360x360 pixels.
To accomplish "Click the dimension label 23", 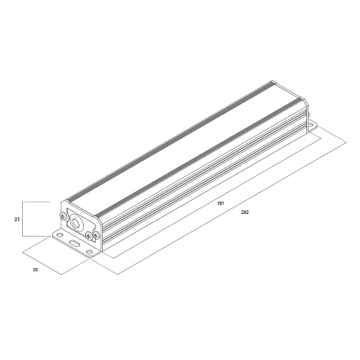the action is pos(17,220).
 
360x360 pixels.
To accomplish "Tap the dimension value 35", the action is pos(35,270).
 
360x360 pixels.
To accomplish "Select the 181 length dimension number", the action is pos(220,203).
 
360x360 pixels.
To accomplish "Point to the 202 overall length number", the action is pos(245,212).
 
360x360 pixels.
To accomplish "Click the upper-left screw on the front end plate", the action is pos(63,216).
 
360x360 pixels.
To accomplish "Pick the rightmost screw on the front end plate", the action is pos(97,234).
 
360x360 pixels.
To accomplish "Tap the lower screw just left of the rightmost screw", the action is pos(89,236).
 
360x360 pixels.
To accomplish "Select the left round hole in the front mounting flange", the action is pos(59,235).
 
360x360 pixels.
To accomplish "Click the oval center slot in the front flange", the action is pos(74,243).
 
